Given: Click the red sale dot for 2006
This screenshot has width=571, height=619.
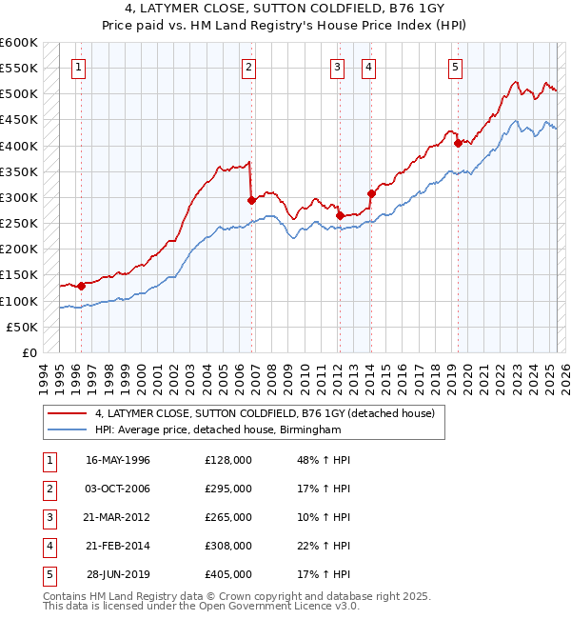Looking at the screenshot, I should (252, 201).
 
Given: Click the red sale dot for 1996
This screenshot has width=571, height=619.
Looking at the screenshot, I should (82, 286).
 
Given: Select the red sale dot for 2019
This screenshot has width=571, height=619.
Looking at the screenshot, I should (458, 144).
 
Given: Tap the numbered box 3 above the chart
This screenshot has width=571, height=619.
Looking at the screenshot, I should (338, 67).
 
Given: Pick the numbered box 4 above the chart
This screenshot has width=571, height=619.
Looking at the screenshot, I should (367, 67).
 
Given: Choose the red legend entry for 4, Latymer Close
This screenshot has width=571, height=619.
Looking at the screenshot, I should (265, 413).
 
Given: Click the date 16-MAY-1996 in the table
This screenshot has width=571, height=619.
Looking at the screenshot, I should (118, 460).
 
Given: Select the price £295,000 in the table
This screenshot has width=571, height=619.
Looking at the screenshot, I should (228, 489).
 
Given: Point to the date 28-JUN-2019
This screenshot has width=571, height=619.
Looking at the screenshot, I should (118, 574).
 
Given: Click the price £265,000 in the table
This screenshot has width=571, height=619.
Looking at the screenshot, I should (228, 517).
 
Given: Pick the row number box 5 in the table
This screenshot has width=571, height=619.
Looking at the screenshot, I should (47, 574).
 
